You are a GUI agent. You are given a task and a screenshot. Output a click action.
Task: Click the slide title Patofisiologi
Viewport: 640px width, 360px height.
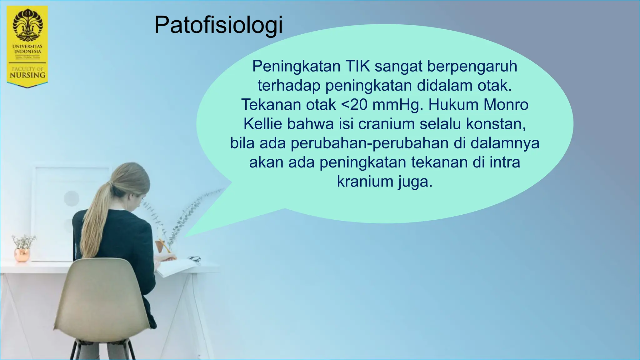pos(218,25)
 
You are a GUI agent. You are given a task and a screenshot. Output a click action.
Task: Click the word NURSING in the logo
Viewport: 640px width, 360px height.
pos(27,75)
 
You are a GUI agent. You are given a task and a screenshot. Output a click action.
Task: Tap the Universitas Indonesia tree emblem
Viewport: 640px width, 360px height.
pos(27,25)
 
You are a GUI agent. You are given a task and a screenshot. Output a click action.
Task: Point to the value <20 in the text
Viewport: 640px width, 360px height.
pos(354,105)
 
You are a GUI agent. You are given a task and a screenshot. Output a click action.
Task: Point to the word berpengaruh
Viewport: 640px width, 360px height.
pos(472,66)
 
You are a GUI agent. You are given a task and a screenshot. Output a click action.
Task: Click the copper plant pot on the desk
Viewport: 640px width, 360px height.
pos(22,254)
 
